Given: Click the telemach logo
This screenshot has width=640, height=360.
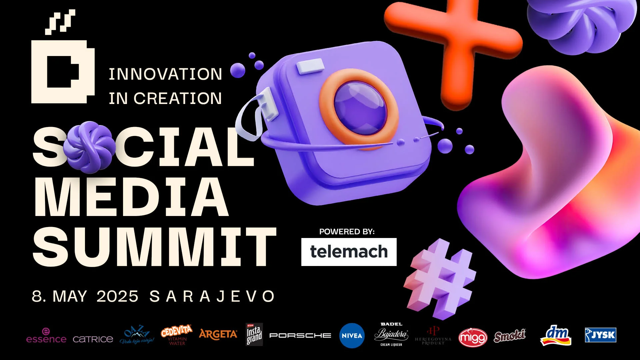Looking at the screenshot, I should (349, 252).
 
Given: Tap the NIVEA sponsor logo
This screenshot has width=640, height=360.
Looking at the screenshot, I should (352, 336).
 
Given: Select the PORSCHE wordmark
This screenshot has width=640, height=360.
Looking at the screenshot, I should (300, 335).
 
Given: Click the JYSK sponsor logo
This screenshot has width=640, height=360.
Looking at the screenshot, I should (600, 335).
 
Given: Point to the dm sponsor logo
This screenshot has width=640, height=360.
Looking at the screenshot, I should (556, 335).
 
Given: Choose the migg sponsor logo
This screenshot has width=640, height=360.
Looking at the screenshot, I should (473, 337).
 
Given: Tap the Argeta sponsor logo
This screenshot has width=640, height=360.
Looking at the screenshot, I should (218, 334).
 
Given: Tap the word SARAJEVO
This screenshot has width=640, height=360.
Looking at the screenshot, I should (212, 296).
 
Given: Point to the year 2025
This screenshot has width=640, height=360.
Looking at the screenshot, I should (117, 296).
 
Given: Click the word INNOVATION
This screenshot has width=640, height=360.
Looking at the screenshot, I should (165, 74).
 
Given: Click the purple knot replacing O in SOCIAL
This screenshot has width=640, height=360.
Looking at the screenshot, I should (89, 147).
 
